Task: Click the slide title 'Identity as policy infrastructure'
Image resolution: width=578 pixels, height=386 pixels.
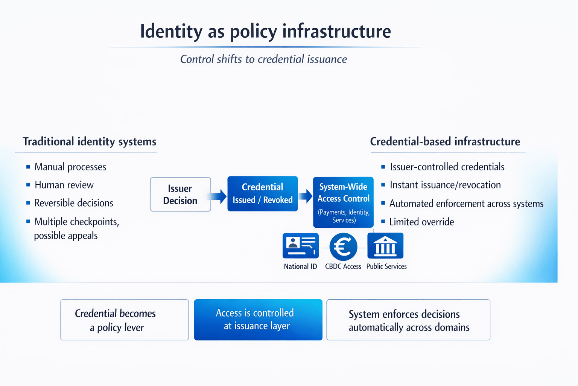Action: pos(265,31)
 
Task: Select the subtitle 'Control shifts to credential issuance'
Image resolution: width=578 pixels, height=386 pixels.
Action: pos(263,59)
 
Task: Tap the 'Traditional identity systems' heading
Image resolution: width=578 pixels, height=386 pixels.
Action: pos(90,142)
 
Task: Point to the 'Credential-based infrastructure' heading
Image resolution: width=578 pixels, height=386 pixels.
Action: pos(445,142)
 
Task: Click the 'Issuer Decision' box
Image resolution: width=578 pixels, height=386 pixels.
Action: pos(180,195)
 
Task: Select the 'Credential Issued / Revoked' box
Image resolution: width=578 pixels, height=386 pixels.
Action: pos(263,194)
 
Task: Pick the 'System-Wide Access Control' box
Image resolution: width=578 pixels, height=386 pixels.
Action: pos(343,202)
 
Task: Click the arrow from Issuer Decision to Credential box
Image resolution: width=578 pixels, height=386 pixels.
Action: pos(218,196)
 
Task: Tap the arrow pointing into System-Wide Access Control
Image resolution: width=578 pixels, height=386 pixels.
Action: pos(306,196)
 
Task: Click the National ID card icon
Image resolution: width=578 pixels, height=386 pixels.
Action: pos(301,246)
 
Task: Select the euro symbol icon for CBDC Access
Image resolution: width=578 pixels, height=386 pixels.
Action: pos(343,247)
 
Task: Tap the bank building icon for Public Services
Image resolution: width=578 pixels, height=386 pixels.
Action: pos(385,246)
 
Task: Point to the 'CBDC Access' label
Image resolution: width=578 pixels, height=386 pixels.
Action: pos(343,267)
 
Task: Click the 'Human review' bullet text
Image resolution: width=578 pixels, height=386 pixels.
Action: pos(64,185)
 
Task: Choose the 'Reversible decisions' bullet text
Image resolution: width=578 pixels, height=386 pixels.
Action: pos(74,203)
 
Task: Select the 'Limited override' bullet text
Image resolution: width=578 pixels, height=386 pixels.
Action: pos(421,222)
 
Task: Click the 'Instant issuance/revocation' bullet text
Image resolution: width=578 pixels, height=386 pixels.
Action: pos(445,185)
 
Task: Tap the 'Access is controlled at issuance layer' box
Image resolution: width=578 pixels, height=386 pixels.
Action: pos(258,320)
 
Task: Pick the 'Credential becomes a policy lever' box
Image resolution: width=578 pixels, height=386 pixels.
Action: pos(125,320)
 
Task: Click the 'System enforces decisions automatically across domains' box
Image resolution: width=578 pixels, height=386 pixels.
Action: pos(408,320)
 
